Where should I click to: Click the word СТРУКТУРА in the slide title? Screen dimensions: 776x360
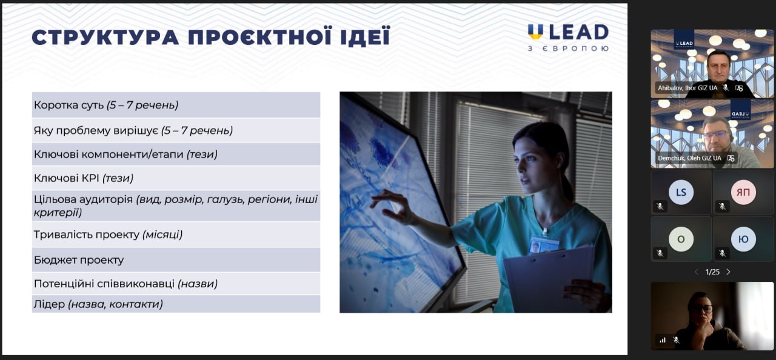point(105,38)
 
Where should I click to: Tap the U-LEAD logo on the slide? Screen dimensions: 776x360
point(568,38)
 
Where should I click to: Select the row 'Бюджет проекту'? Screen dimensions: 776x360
point(176,260)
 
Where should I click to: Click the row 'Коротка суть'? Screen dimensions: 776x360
point(176,105)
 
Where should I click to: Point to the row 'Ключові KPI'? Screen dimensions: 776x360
point(176,178)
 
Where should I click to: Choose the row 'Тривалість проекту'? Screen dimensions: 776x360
point(176,235)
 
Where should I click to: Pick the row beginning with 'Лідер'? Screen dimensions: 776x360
point(176,304)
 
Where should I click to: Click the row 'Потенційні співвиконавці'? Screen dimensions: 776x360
point(176,284)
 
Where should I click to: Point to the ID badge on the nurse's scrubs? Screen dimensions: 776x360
point(543,244)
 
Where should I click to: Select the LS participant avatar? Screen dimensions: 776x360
point(681,192)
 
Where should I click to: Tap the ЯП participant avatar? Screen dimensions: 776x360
point(743,192)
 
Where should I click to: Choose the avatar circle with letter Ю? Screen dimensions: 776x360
point(743,239)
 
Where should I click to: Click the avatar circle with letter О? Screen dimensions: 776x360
point(681,239)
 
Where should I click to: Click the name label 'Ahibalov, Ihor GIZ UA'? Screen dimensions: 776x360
point(687,88)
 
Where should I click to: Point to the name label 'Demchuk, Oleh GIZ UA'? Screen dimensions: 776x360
point(689,158)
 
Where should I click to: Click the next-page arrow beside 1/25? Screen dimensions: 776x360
point(728,272)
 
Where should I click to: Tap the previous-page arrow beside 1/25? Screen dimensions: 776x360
point(697,272)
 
